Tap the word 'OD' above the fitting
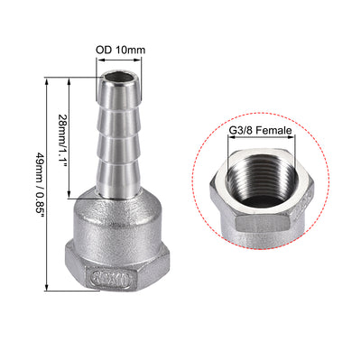coord(103,51)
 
